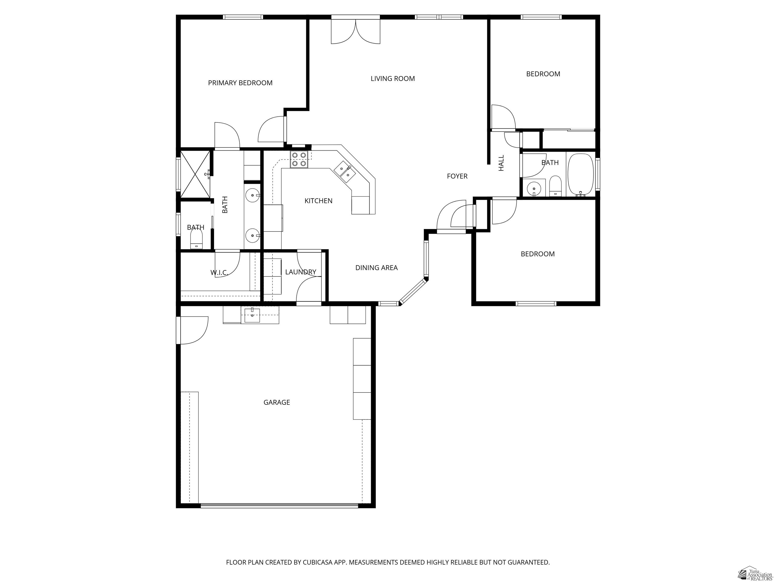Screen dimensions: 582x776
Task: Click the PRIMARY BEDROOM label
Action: (240, 83)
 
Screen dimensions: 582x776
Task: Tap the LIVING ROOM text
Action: (393, 79)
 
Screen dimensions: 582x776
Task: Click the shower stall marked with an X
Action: (194, 174)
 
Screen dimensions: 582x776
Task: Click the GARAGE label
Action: (276, 402)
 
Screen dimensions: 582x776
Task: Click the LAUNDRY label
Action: (300, 272)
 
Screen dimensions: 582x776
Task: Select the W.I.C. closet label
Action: (219, 273)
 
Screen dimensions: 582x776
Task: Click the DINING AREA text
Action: (376, 268)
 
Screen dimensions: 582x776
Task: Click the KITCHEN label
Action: (318, 201)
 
